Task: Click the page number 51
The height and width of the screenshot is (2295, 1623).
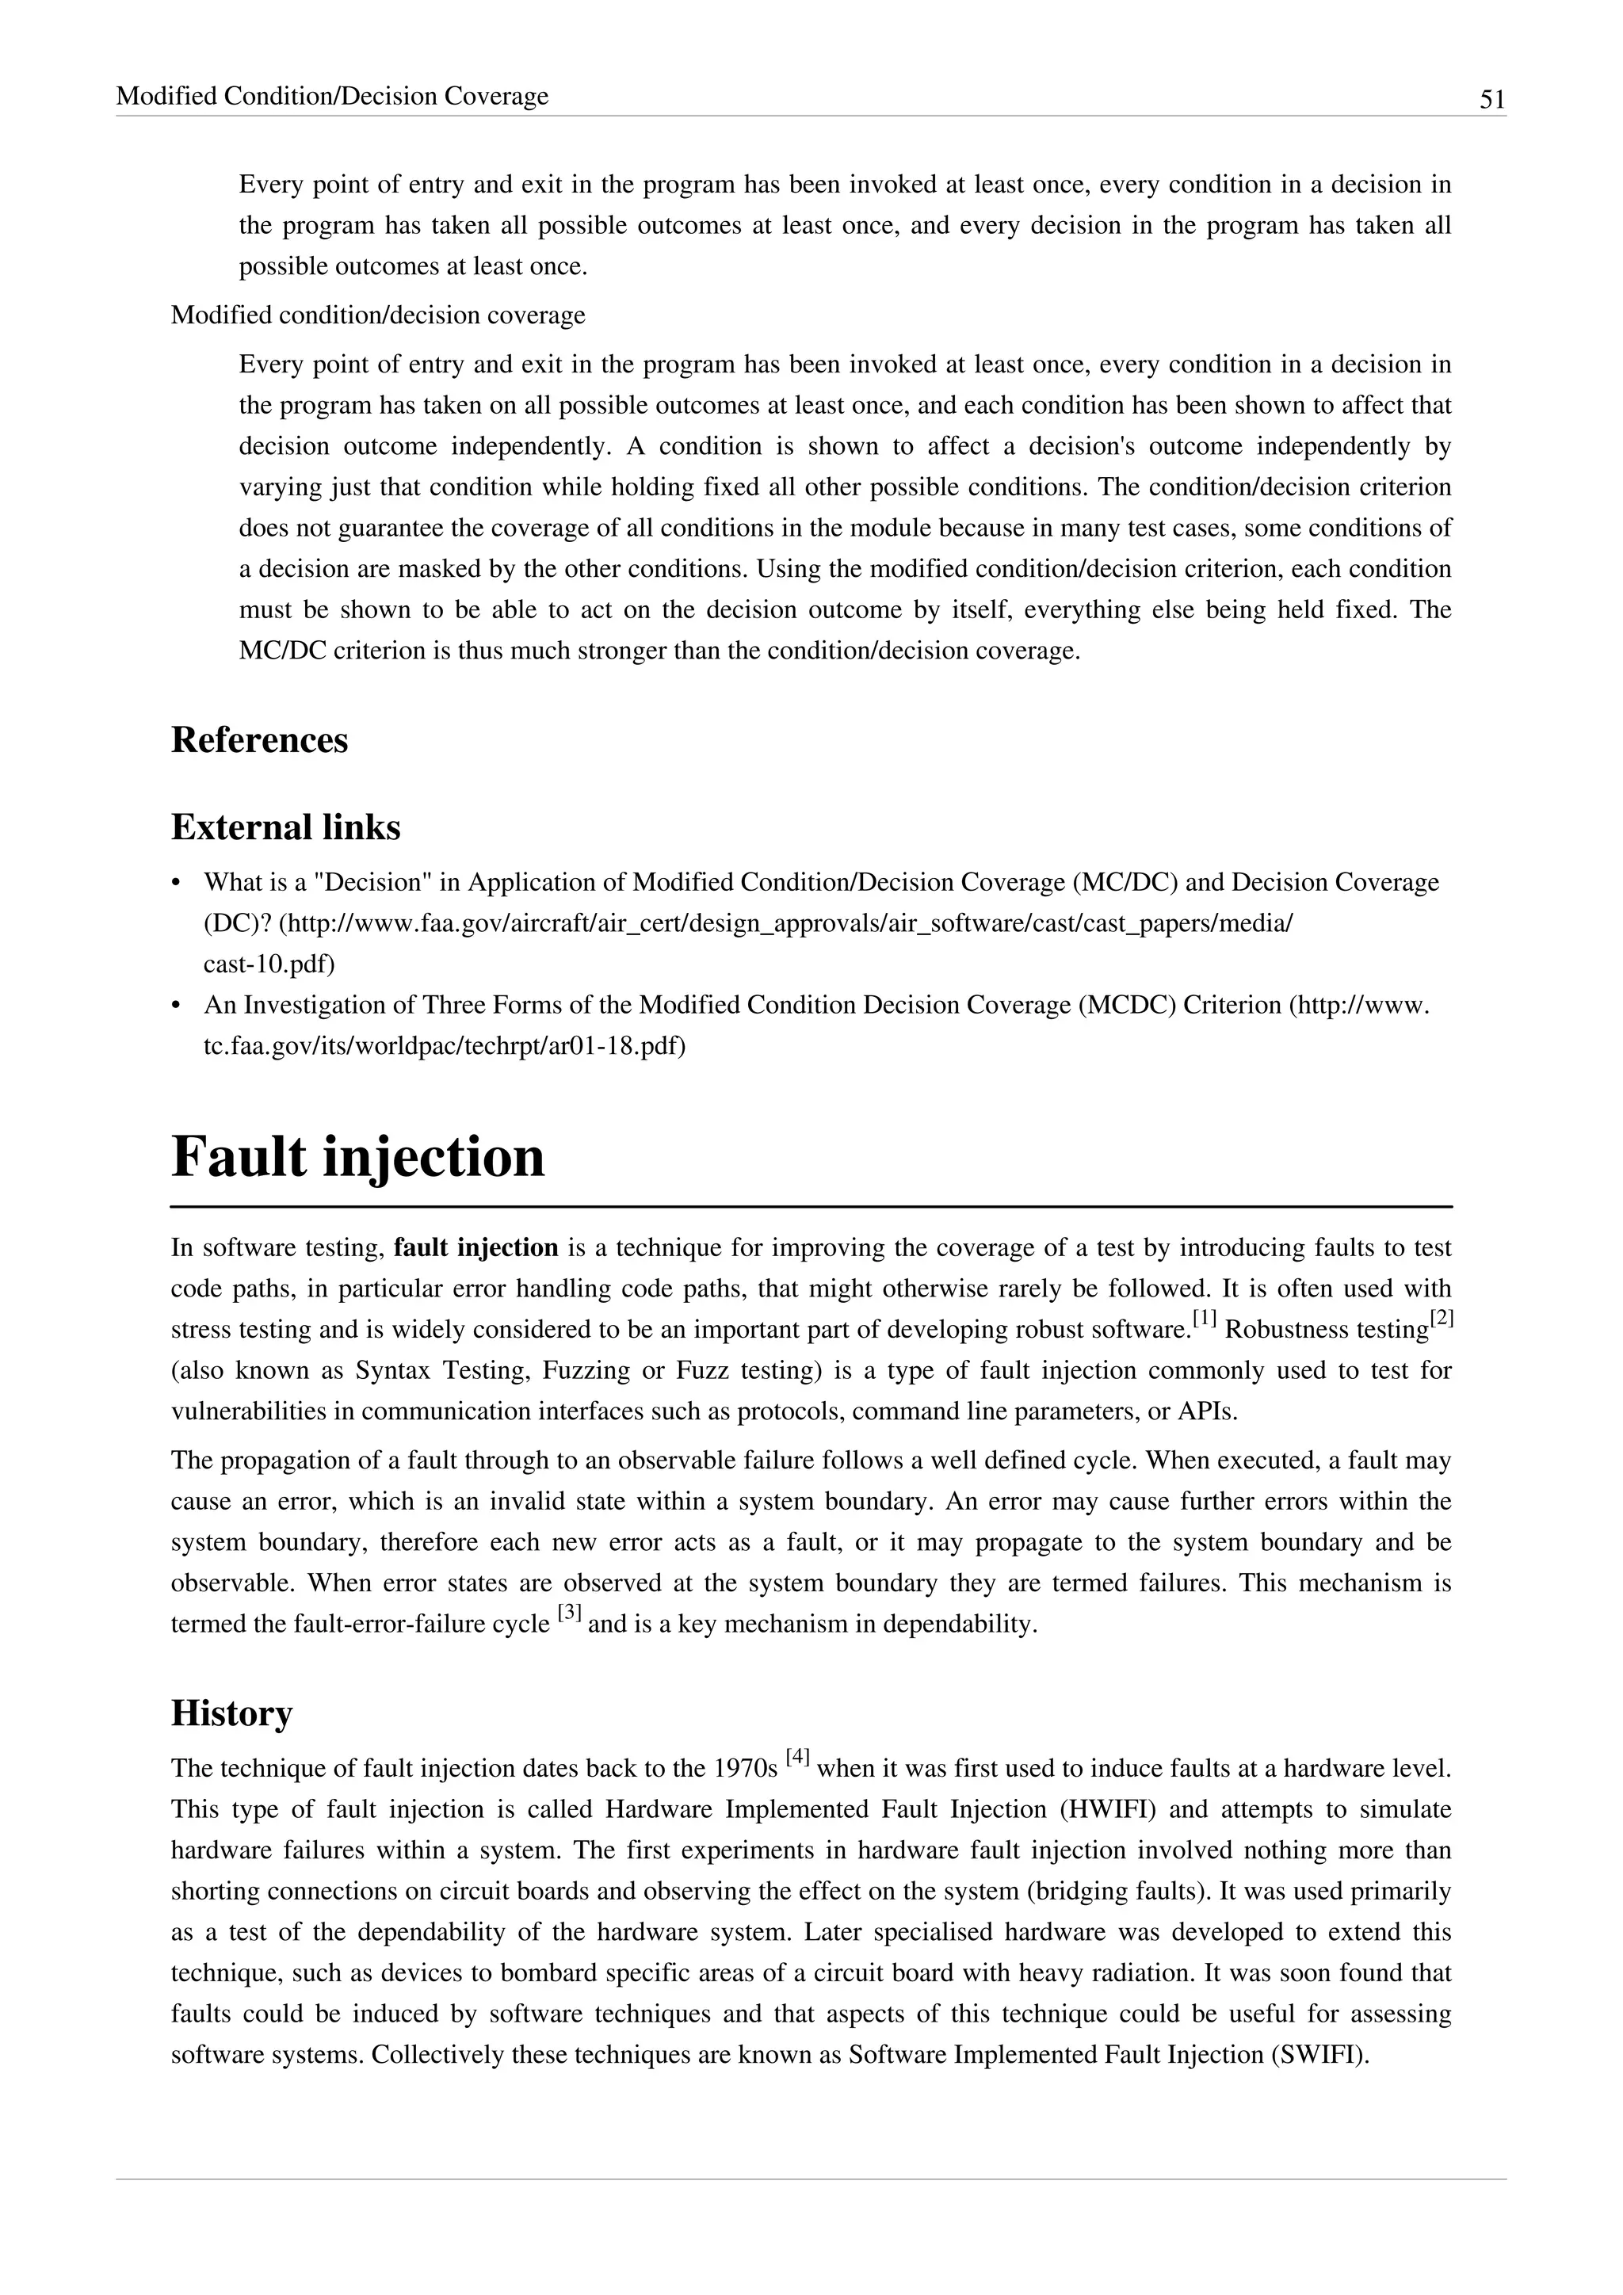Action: (1491, 99)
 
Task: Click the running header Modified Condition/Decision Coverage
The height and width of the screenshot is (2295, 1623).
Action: (332, 96)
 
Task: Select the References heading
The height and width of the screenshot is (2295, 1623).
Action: (259, 739)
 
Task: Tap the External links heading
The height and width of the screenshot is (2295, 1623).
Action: (286, 827)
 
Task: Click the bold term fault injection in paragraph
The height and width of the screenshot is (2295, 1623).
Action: (475, 1247)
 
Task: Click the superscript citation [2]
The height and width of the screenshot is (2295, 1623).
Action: (1441, 1320)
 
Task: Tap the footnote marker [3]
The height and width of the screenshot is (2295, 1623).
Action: (570, 1613)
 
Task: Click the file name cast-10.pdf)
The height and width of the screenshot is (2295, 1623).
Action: (269, 964)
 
